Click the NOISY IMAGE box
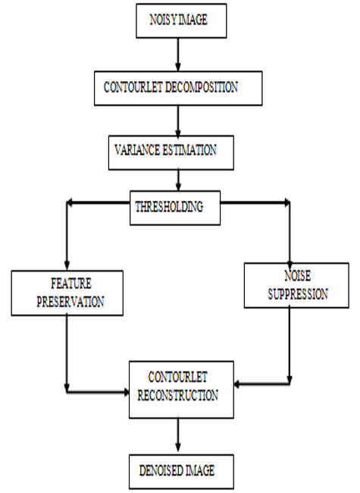click(x=181, y=20)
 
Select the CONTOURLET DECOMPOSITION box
click(x=178, y=88)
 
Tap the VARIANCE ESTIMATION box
click(x=171, y=152)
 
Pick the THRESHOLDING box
click(x=175, y=208)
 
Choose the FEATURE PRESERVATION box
click(x=67, y=293)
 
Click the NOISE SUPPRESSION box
click(x=296, y=285)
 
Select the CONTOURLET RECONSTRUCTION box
click(x=181, y=390)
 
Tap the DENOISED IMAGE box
click(x=181, y=472)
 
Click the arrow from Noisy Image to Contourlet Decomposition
click(x=178, y=55)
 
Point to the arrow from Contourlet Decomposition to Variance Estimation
click(x=178, y=121)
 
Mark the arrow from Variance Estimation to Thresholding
click(x=178, y=181)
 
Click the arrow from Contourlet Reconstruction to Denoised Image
click(x=178, y=436)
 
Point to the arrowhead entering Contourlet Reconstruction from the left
click(x=127, y=392)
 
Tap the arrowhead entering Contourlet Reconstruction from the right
click(x=237, y=384)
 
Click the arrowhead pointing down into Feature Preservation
click(x=67, y=266)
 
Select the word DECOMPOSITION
click(x=202, y=87)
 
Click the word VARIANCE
click(x=137, y=150)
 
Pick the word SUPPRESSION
click(x=298, y=294)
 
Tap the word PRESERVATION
click(x=70, y=302)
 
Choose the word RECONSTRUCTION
click(x=178, y=395)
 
